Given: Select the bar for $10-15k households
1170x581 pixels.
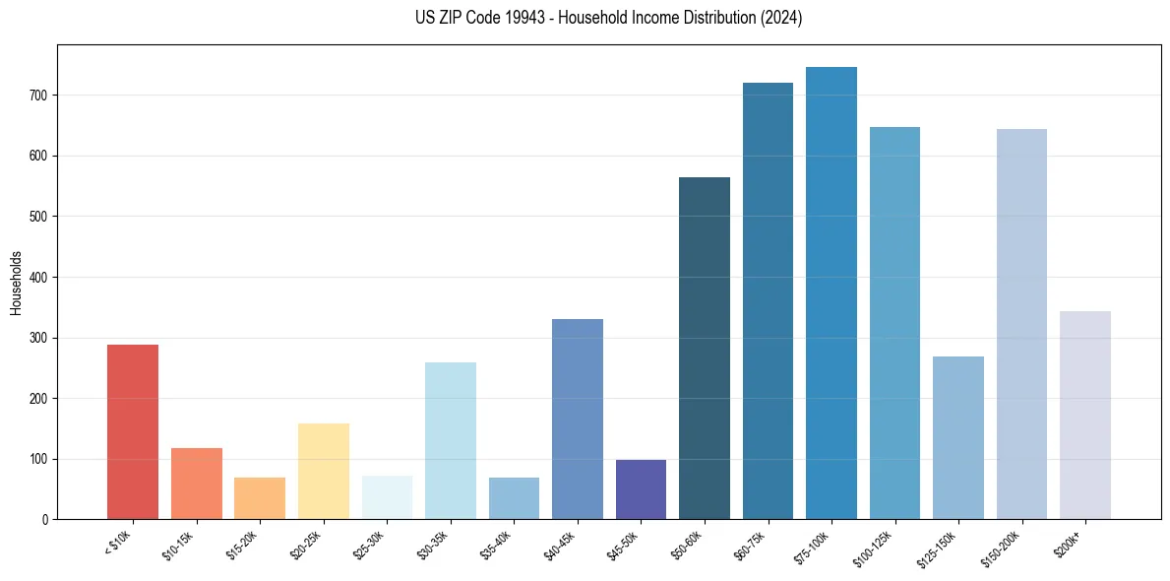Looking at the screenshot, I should tap(196, 484).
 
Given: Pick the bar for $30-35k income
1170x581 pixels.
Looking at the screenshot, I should tap(450, 440).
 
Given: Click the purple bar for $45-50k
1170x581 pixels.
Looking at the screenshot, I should tap(641, 489).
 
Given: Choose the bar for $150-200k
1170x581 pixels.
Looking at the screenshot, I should tap(1021, 324).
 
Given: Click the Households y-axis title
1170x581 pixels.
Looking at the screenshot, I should tap(16, 283).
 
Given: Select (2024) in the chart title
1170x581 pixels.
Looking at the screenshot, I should tap(782, 18).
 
